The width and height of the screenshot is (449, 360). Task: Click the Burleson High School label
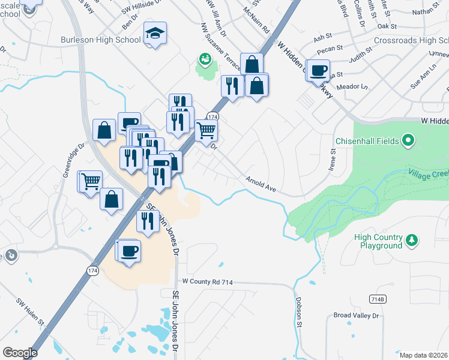pyautogui.click(x=101, y=40)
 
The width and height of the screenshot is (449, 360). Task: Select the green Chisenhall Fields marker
pyautogui.click(x=409, y=141)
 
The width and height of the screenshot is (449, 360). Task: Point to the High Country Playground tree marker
pyautogui.click(x=412, y=241)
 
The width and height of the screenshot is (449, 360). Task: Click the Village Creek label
pyautogui.click(x=429, y=173)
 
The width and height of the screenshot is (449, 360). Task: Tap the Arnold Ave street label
pyautogui.click(x=261, y=184)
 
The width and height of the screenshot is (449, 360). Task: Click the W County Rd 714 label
pyautogui.click(x=207, y=281)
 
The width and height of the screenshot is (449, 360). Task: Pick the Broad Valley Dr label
pyautogui.click(x=357, y=315)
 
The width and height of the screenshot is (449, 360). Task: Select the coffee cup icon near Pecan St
pyautogui.click(x=319, y=70)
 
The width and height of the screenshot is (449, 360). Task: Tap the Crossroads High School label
pyautogui.click(x=411, y=40)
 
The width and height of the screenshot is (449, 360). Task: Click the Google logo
pyautogui.click(x=20, y=352)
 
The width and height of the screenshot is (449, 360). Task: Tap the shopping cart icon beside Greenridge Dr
pyautogui.click(x=91, y=181)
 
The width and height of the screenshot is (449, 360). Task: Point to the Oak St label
pyautogui.click(x=387, y=26)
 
